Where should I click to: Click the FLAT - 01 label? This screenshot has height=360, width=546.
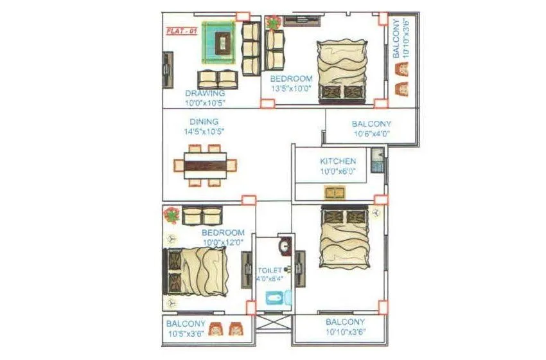181,31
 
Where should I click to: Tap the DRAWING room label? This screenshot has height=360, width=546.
206,93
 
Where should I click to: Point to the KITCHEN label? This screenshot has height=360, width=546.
338,161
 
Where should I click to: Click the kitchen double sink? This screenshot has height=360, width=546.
334,192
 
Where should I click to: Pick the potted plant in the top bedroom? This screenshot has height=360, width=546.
274,23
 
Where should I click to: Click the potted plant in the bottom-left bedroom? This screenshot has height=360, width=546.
172,215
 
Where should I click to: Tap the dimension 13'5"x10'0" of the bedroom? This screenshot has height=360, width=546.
291,89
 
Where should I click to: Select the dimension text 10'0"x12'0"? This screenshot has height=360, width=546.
223,242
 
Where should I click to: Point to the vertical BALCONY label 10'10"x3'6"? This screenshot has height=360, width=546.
400,39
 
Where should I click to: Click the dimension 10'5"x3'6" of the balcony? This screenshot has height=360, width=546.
186,334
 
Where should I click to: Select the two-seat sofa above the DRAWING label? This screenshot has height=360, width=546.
216,79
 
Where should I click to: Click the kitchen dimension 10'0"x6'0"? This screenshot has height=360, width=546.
338,171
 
